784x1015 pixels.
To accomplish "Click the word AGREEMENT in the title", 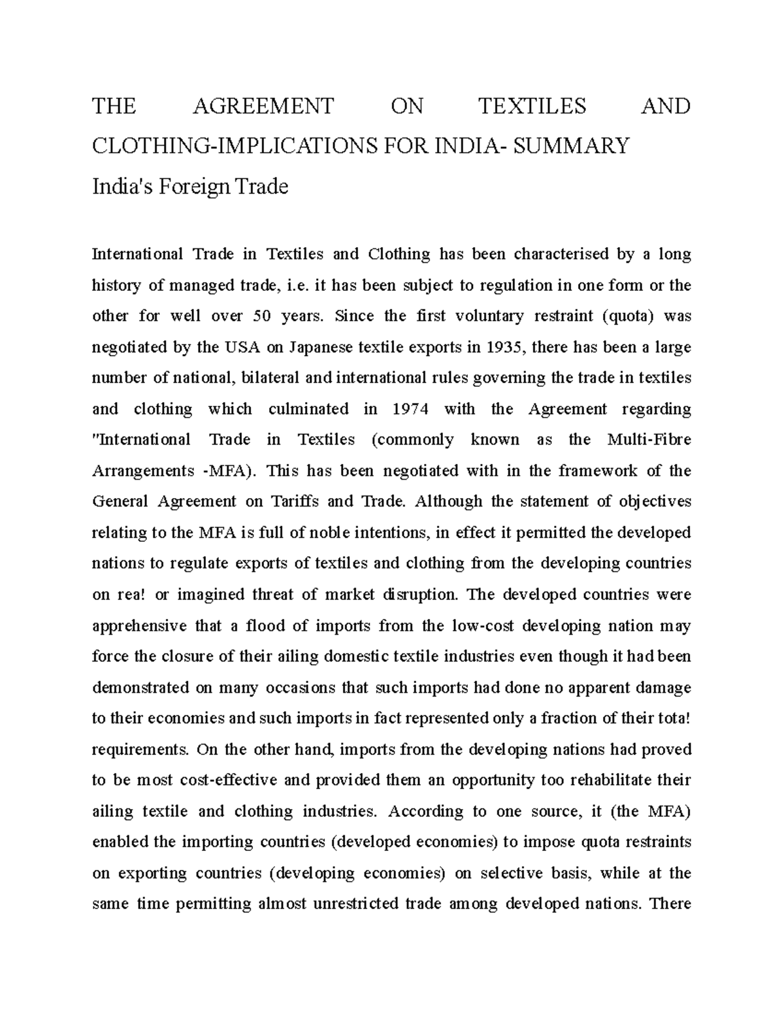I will click(263, 106).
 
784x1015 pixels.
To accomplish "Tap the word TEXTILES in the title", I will click(532, 106).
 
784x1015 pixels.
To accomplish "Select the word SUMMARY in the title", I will click(572, 145).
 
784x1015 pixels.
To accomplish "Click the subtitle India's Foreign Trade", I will click(189, 187).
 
